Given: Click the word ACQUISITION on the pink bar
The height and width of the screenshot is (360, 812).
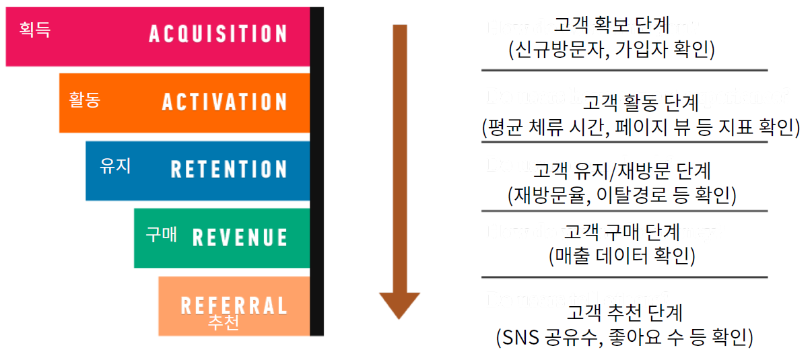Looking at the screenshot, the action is pyautogui.click(x=217, y=34).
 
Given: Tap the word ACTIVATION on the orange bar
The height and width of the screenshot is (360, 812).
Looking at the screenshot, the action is pyautogui.click(x=224, y=102).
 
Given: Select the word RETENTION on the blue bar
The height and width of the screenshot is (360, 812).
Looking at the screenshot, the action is pyautogui.click(x=229, y=169).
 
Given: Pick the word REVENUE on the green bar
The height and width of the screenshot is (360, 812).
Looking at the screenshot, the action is pyautogui.click(x=240, y=237).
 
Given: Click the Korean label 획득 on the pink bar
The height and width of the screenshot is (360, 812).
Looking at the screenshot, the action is pyautogui.click(x=35, y=30).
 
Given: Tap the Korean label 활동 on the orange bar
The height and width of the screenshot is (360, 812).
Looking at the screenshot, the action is pyautogui.click(x=84, y=100).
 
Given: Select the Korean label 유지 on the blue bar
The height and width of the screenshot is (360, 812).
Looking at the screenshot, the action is pyautogui.click(x=114, y=166).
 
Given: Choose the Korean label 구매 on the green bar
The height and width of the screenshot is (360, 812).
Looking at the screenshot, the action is pyautogui.click(x=161, y=234).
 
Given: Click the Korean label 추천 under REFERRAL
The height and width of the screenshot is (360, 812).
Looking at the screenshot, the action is pyautogui.click(x=223, y=323).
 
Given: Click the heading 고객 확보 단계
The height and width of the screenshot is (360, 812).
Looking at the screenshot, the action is pyautogui.click(x=612, y=26).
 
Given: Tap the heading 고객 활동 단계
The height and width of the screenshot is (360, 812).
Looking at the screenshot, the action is pyautogui.click(x=641, y=102).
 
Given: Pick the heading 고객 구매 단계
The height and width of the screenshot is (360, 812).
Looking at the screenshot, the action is pyautogui.click(x=621, y=232).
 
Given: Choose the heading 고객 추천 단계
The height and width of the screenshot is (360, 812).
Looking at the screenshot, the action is pyautogui.click(x=625, y=312).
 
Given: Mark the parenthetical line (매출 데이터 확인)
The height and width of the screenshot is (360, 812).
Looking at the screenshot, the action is pyautogui.click(x=621, y=256).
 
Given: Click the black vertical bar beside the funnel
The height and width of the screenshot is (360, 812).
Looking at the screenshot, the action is pyautogui.click(x=316, y=172).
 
